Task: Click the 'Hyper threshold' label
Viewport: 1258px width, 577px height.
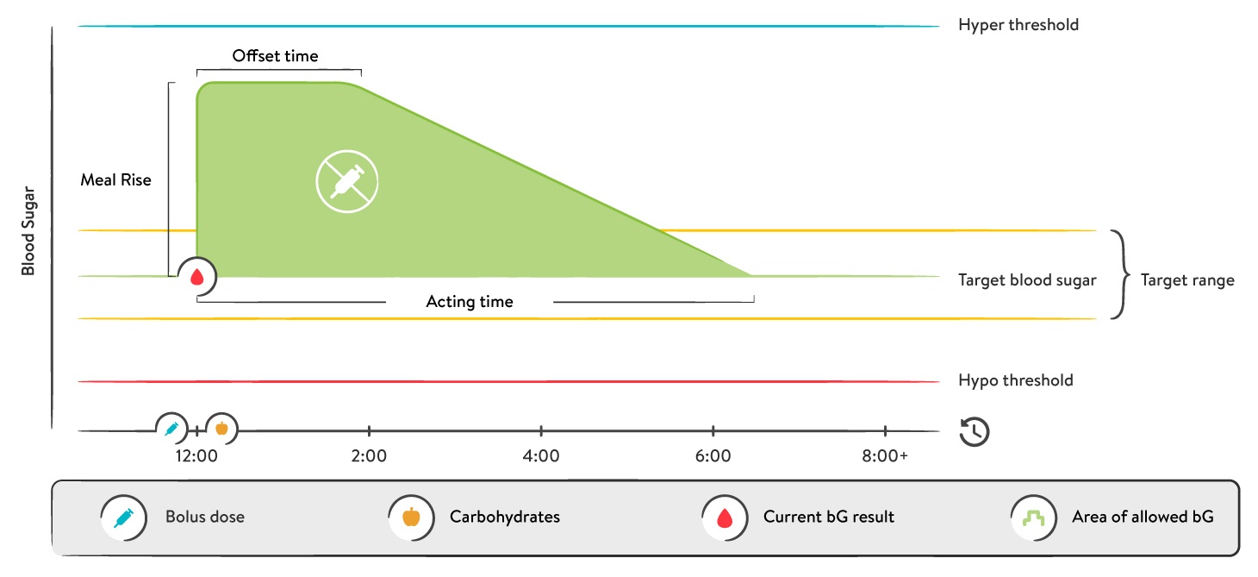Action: click(x=1018, y=25)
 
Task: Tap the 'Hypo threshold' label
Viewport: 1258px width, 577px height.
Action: click(x=1015, y=380)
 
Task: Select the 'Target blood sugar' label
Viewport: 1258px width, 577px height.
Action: click(x=1027, y=280)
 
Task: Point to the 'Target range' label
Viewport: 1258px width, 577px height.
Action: click(x=1186, y=280)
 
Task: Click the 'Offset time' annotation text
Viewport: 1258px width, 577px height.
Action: click(x=275, y=56)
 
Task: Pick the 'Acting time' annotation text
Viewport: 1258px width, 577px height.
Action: click(x=470, y=302)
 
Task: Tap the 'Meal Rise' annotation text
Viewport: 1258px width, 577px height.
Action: click(x=115, y=180)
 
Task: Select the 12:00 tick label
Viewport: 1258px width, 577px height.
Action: click(x=196, y=455)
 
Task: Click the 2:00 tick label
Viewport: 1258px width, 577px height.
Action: click(x=369, y=455)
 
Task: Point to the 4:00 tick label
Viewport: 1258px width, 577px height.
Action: click(x=541, y=455)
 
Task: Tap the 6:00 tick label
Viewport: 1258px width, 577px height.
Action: click(x=713, y=455)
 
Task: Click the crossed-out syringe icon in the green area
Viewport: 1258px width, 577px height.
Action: click(x=347, y=181)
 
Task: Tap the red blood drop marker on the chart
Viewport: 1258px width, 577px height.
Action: click(x=197, y=277)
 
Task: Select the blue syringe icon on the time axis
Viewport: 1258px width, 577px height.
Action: click(x=171, y=428)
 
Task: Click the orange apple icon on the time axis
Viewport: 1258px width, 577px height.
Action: click(x=221, y=428)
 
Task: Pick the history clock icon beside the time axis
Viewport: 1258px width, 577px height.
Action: click(x=974, y=431)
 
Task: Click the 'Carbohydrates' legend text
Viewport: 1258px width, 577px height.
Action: click(x=504, y=517)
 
